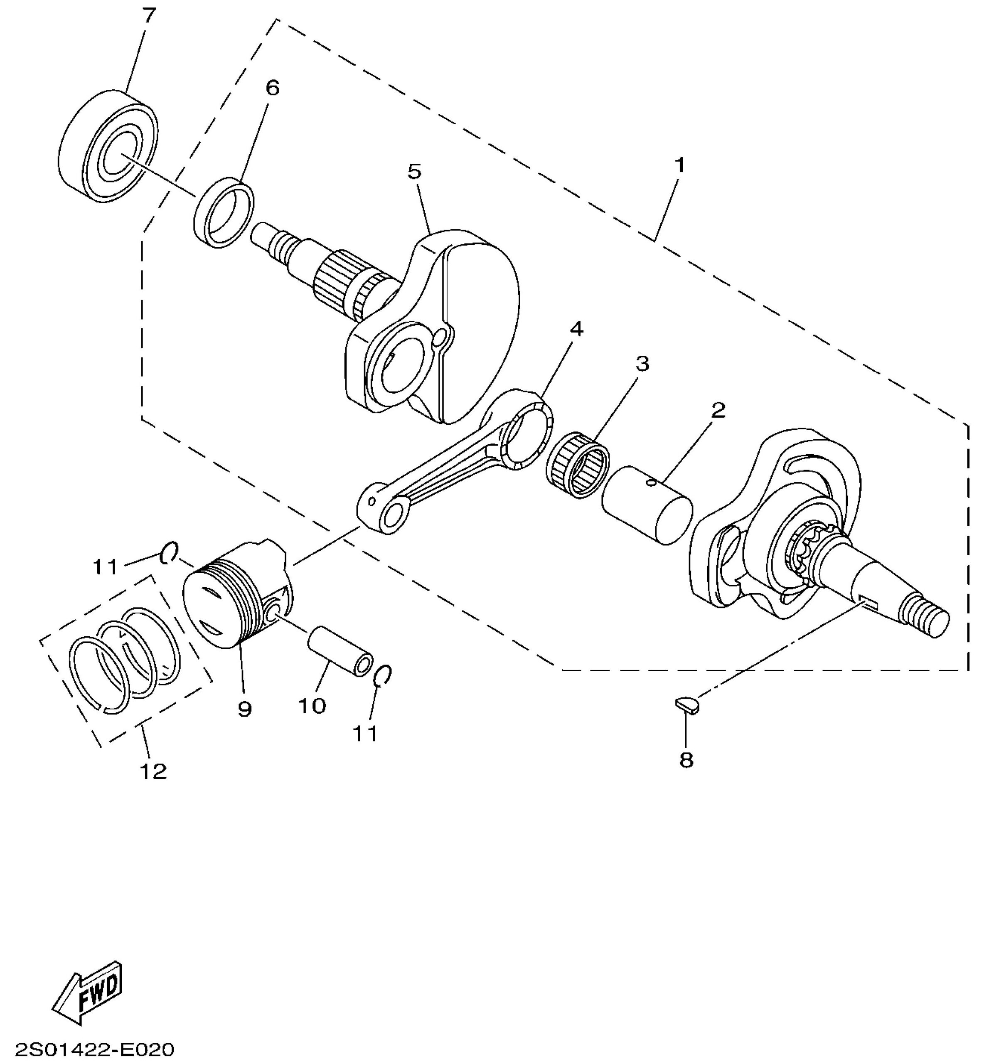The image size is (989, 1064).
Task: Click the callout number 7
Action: pos(149,16)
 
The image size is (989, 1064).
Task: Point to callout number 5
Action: pos(414,171)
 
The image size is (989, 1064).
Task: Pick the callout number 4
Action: pos(576,329)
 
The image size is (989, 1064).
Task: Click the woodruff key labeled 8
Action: pos(686,704)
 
